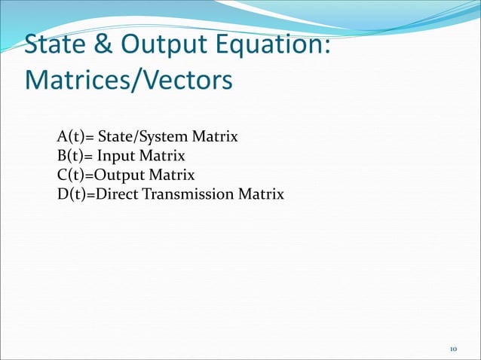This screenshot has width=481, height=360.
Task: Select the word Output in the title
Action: [159, 45]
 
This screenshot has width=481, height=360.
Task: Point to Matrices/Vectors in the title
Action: [128, 79]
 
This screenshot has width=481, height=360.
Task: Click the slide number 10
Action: [453, 349]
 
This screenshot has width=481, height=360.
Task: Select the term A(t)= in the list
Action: [75, 138]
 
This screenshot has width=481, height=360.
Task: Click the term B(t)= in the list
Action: [75, 157]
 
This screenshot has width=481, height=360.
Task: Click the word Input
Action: [115, 157]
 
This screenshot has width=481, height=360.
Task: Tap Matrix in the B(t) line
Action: [164, 157]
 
